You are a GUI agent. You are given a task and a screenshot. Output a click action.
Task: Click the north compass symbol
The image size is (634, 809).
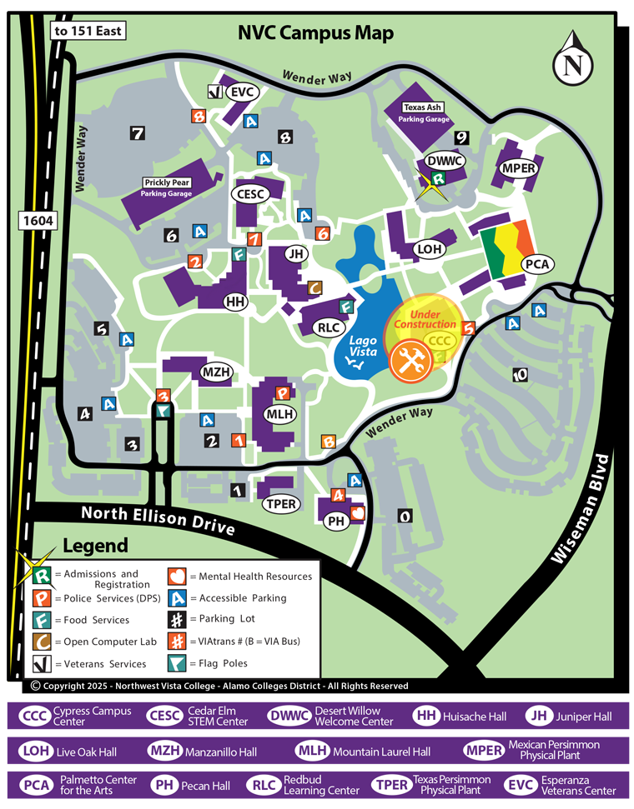pos(573,60)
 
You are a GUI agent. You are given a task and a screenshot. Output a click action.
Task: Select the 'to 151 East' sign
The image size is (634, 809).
pos(88,32)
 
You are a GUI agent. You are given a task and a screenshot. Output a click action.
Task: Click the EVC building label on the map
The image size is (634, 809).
pos(241,92)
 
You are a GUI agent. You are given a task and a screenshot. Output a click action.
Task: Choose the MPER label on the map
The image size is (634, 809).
pos(518,169)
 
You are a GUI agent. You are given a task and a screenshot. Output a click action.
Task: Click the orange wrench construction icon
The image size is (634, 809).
pos(410,361)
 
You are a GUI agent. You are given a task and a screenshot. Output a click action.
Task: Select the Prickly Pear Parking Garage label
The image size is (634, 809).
pos(168,187)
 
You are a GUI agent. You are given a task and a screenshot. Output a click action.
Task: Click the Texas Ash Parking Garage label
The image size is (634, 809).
pos(424,113)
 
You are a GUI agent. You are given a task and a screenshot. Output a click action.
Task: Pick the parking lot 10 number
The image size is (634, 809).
pos(521,375)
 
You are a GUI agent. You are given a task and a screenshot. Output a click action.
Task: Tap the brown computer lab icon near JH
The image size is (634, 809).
pos(314,287)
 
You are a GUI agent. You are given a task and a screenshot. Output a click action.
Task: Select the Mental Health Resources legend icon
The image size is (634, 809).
pos(176,576)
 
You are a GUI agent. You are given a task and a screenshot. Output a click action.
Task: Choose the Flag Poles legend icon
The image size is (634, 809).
pos(176,663)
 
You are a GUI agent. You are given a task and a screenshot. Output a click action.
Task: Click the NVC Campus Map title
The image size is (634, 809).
pos(315,33)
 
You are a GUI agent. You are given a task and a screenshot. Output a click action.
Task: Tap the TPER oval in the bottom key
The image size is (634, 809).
pos(390,785)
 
